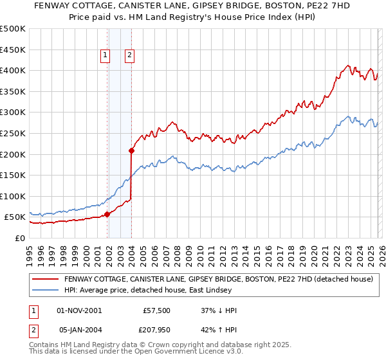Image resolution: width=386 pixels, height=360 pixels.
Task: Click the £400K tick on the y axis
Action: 13,70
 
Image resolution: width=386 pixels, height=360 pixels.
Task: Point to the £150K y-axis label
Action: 13,175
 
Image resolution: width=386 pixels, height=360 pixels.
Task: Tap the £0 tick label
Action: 20,238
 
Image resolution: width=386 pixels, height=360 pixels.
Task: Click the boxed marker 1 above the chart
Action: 105,56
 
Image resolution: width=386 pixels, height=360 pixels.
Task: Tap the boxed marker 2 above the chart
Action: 129,56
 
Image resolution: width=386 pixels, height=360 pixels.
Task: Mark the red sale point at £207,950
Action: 131,150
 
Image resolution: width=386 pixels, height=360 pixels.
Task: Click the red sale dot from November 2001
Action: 107,214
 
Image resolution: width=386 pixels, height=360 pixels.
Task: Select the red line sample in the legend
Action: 45,280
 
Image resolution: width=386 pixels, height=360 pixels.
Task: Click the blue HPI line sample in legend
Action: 45,291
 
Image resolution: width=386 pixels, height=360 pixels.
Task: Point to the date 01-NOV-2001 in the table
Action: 79,310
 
